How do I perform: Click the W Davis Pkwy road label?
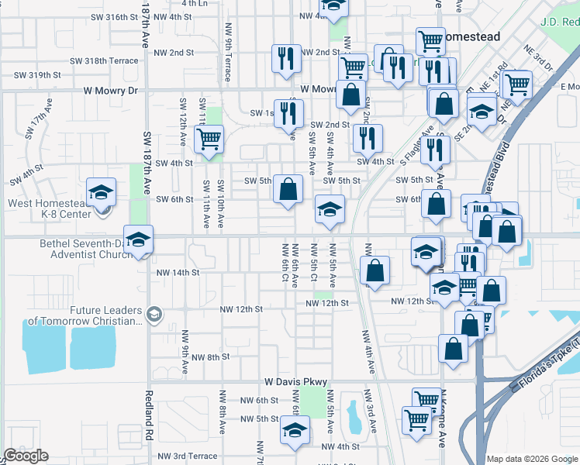coord(296,382)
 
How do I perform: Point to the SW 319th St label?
coord(38,75)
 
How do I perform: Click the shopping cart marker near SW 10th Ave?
coord(208,139)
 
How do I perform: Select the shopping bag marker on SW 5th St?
coord(288,188)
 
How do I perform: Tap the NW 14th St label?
coord(178,273)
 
